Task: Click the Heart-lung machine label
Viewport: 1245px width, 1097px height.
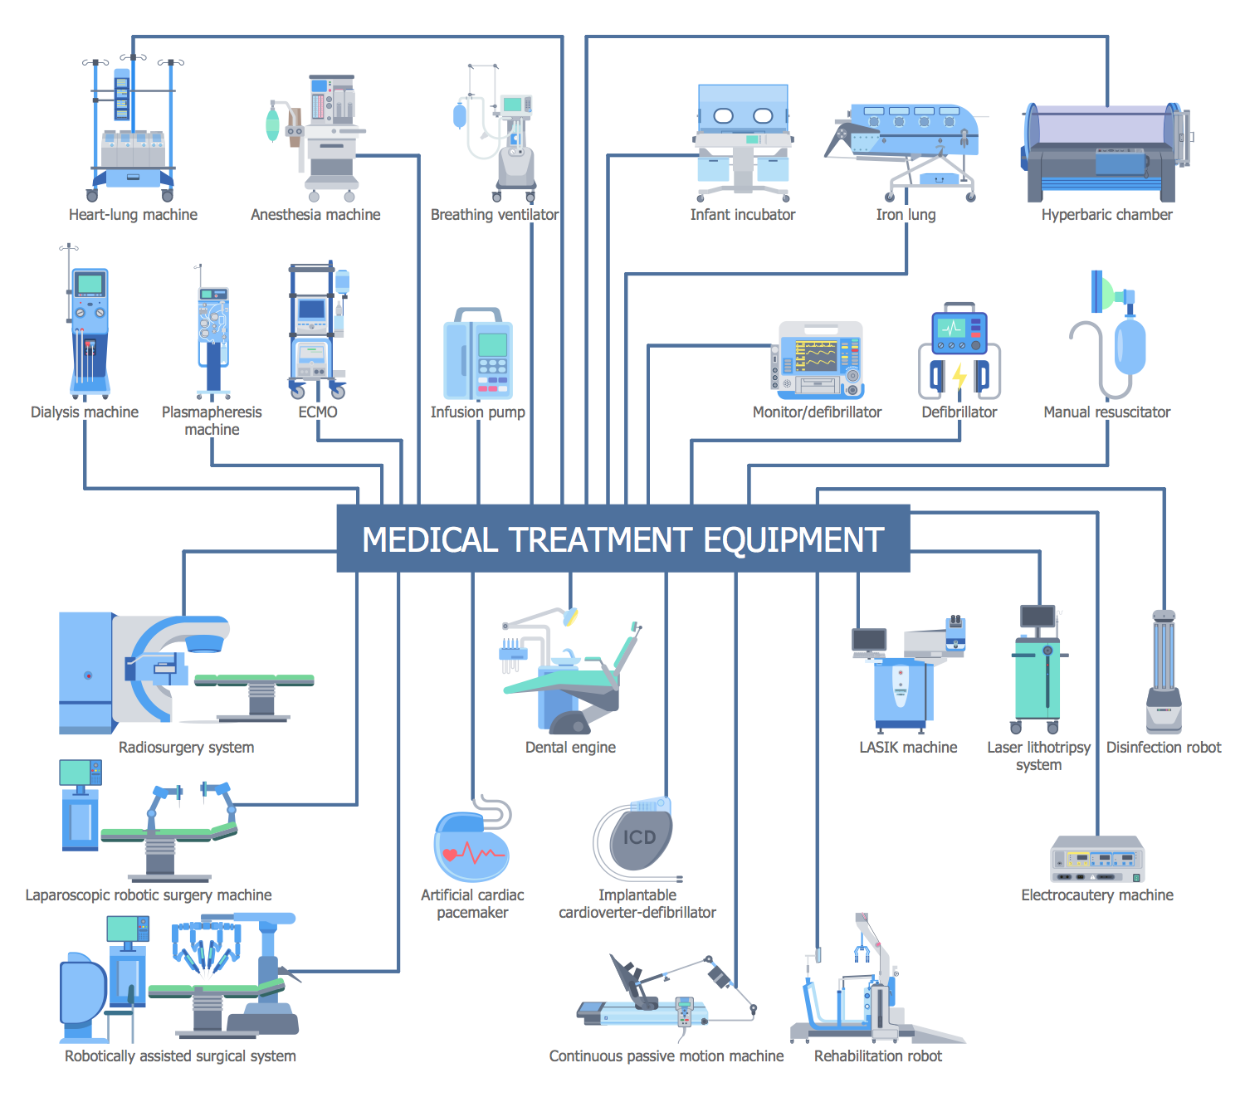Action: click(x=133, y=215)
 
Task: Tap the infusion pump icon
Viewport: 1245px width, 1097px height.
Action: click(x=478, y=354)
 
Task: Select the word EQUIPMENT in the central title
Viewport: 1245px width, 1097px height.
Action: click(x=793, y=540)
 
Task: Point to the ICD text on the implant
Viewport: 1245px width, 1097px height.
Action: click(x=639, y=838)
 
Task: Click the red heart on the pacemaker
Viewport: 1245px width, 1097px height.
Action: click(x=450, y=854)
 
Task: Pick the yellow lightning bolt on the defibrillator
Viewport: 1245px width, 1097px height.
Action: click(x=959, y=376)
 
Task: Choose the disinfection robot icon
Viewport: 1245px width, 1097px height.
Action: click(x=1164, y=672)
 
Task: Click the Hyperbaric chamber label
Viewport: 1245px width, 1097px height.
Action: click(x=1106, y=215)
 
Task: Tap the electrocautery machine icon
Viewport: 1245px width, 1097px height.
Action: click(x=1097, y=860)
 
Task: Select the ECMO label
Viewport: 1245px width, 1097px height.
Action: click(x=318, y=412)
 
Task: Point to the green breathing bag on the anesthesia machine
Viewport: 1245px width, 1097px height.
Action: click(x=272, y=124)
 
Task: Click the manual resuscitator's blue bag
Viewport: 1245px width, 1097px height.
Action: click(x=1130, y=347)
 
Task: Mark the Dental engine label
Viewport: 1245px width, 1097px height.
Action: click(x=570, y=748)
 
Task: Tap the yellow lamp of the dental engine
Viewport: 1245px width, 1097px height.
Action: click(x=570, y=617)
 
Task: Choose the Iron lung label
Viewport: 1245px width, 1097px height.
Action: click(x=906, y=215)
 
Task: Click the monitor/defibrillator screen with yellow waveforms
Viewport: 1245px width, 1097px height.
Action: click(x=815, y=356)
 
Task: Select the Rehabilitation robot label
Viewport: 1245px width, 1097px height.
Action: click(x=877, y=1056)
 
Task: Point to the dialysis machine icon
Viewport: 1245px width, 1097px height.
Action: click(x=88, y=332)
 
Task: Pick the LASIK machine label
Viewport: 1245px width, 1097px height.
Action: click(x=908, y=748)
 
